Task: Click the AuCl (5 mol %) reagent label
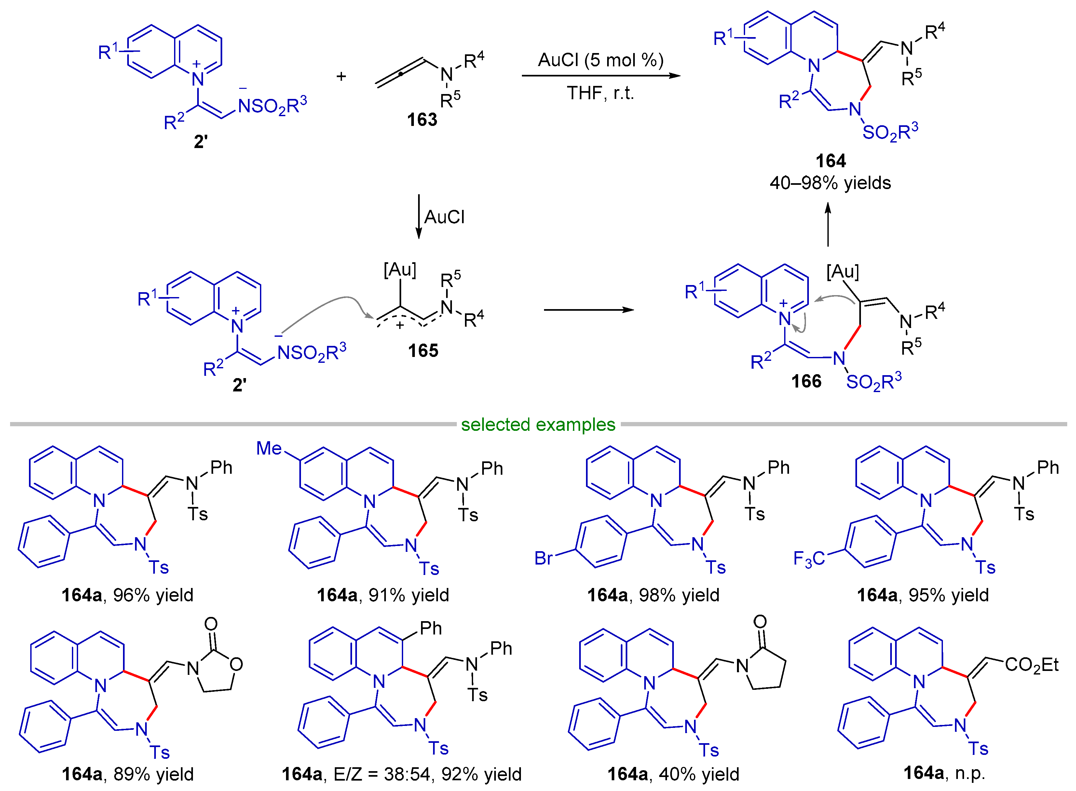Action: click(601, 60)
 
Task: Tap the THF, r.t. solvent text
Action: click(601, 93)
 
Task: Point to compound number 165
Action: click(423, 351)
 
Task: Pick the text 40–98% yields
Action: click(830, 183)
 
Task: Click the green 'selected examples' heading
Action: click(538, 424)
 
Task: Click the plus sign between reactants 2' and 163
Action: click(341, 76)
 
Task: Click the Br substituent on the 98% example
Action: click(543, 558)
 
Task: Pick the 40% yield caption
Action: click(699, 774)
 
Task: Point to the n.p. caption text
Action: click(970, 773)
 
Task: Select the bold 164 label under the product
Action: click(830, 161)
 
